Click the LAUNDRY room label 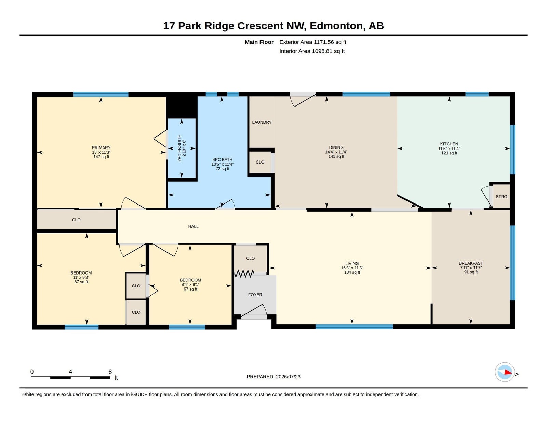coord(262,122)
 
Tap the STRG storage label coord(501,197)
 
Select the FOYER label coord(255,295)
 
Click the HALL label coord(193,226)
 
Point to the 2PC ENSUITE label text coord(179,148)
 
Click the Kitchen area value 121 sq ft coord(449,153)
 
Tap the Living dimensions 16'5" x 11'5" coord(352,268)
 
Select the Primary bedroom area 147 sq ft coord(101,157)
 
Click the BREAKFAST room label coord(471,263)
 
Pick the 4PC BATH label coord(222,159)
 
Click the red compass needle coord(508,372)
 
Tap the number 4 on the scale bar coord(70,372)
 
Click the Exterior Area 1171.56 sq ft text coord(312,42)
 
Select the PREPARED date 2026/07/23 coord(288,377)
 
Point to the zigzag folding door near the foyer coord(244,273)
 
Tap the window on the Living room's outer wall coord(354,327)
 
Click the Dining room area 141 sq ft coord(336,157)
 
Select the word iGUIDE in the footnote coord(139,395)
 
